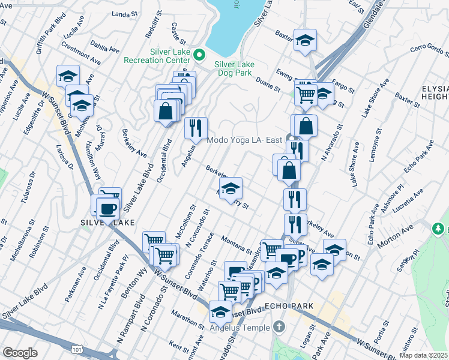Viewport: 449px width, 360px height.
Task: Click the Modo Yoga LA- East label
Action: pyautogui.click(x=244, y=140)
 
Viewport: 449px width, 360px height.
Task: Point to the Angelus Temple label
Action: pyautogui.click(x=237, y=327)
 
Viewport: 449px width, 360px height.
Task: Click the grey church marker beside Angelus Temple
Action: pyautogui.click(x=277, y=327)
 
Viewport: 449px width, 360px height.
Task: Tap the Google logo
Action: pyautogui.click(x=20, y=353)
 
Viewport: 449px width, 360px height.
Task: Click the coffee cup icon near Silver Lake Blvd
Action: pyautogui.click(x=107, y=209)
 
